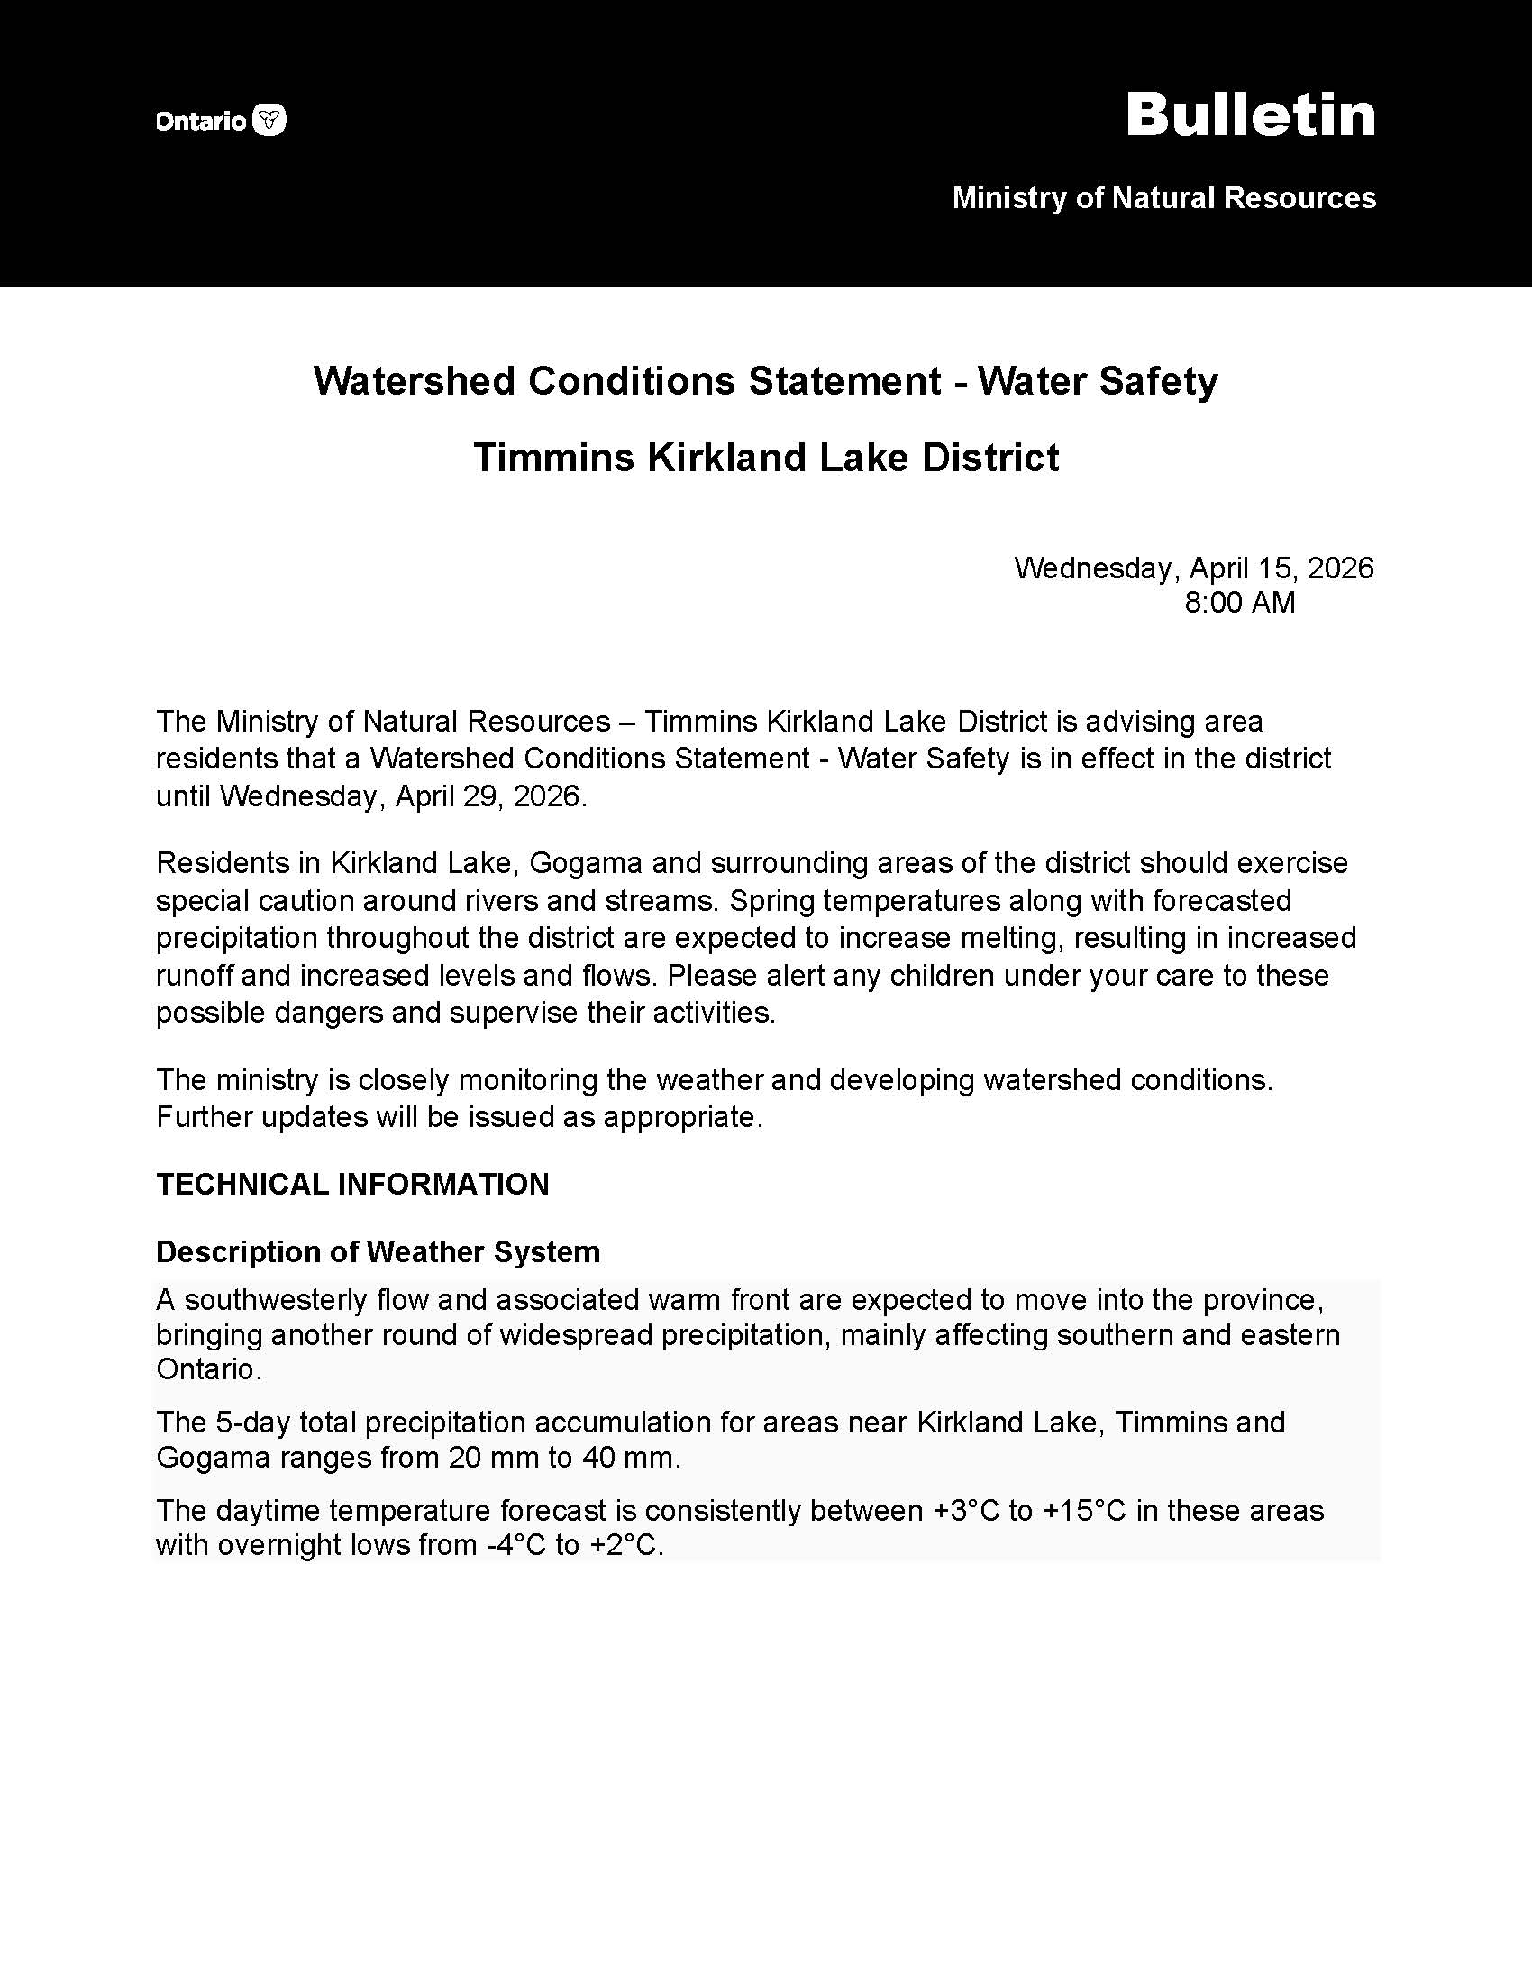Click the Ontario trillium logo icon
(269, 120)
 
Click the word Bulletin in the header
(1251, 115)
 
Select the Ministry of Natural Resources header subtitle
(1163, 198)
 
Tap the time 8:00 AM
(1240, 603)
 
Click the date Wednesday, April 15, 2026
(1193, 568)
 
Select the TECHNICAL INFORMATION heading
(352, 1185)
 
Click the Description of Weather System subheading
(378, 1252)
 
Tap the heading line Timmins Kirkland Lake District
(766, 458)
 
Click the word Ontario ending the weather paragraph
(208, 1369)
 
